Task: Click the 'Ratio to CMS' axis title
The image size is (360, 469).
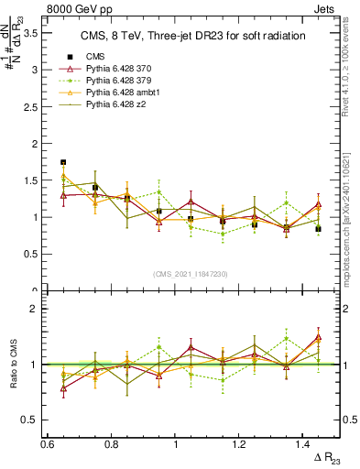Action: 13,364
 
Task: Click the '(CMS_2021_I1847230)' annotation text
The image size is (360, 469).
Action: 191,274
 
